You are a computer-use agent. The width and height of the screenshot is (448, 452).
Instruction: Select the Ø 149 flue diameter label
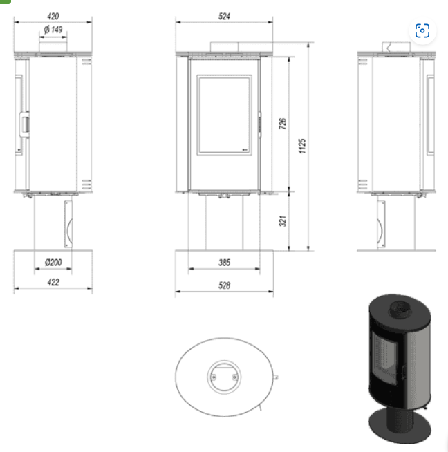(53, 30)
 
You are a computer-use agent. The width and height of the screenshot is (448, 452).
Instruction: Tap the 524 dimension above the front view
(223, 16)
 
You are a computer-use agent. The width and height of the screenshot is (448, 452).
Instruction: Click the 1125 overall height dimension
(303, 146)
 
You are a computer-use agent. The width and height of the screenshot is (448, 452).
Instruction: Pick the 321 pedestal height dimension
(283, 220)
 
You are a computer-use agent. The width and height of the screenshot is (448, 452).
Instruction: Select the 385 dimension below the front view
(223, 263)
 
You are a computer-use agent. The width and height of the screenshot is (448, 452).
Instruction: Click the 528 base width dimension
(223, 285)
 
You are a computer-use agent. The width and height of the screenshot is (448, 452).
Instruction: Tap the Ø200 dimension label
(53, 263)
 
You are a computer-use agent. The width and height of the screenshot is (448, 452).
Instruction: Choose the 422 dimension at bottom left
(53, 282)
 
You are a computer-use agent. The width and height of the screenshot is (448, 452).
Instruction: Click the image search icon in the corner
(422, 30)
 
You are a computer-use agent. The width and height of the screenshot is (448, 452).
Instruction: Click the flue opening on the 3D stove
(398, 308)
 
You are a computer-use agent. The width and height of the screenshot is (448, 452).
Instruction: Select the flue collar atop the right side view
(395, 46)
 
